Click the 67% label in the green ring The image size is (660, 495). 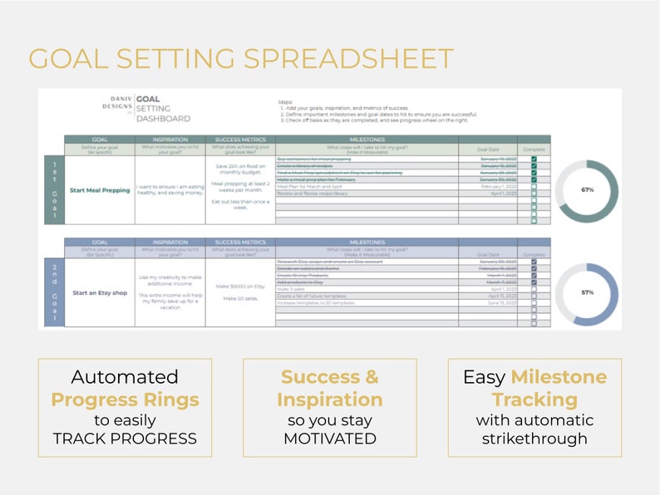coord(588,190)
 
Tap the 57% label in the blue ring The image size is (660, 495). coord(588,293)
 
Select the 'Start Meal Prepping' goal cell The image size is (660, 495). coord(101,190)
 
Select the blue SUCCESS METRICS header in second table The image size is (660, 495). coord(240,243)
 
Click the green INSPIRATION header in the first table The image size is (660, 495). coord(170,140)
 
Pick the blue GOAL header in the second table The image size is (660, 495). coord(101,243)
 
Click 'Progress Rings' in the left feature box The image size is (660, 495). coord(125,399)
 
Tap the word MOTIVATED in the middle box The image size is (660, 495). coord(330,438)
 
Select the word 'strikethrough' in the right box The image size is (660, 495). coord(534,438)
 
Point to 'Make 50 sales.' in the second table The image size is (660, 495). coord(240,299)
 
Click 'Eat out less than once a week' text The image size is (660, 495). coord(240,204)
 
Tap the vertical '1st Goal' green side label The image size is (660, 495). coord(55,190)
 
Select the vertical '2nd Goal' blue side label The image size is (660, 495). coord(55,293)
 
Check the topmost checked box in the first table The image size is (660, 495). coord(534,158)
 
